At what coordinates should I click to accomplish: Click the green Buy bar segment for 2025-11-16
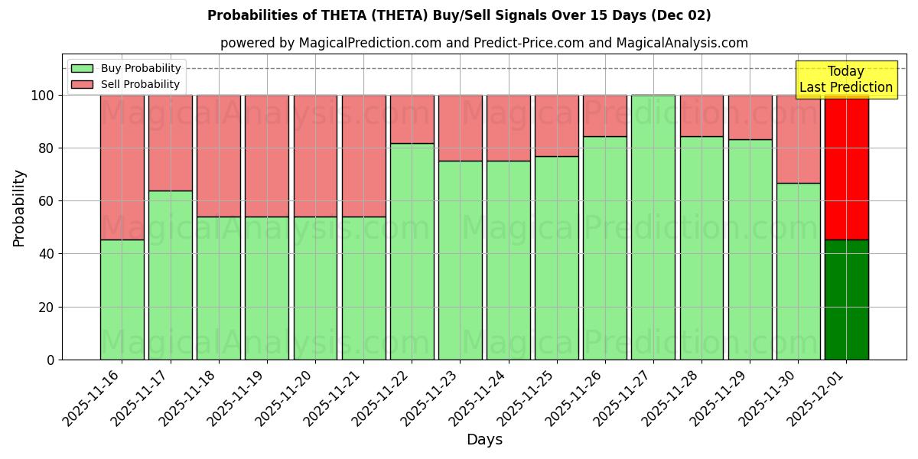pyautogui.click(x=122, y=299)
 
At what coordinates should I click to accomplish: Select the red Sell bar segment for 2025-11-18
pyautogui.click(x=219, y=155)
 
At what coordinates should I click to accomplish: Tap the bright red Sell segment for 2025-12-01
pyautogui.click(x=846, y=167)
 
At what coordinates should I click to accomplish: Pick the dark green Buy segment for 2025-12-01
pyautogui.click(x=846, y=299)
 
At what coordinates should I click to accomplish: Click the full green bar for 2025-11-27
pyautogui.click(x=653, y=227)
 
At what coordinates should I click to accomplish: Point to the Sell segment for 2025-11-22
pyautogui.click(x=412, y=119)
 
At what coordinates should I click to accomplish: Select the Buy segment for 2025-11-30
pyautogui.click(x=798, y=271)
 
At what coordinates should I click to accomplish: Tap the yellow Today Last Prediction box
pyautogui.click(x=845, y=80)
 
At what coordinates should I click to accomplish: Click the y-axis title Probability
pyautogui.click(x=19, y=208)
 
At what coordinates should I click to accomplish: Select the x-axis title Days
pyautogui.click(x=484, y=440)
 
